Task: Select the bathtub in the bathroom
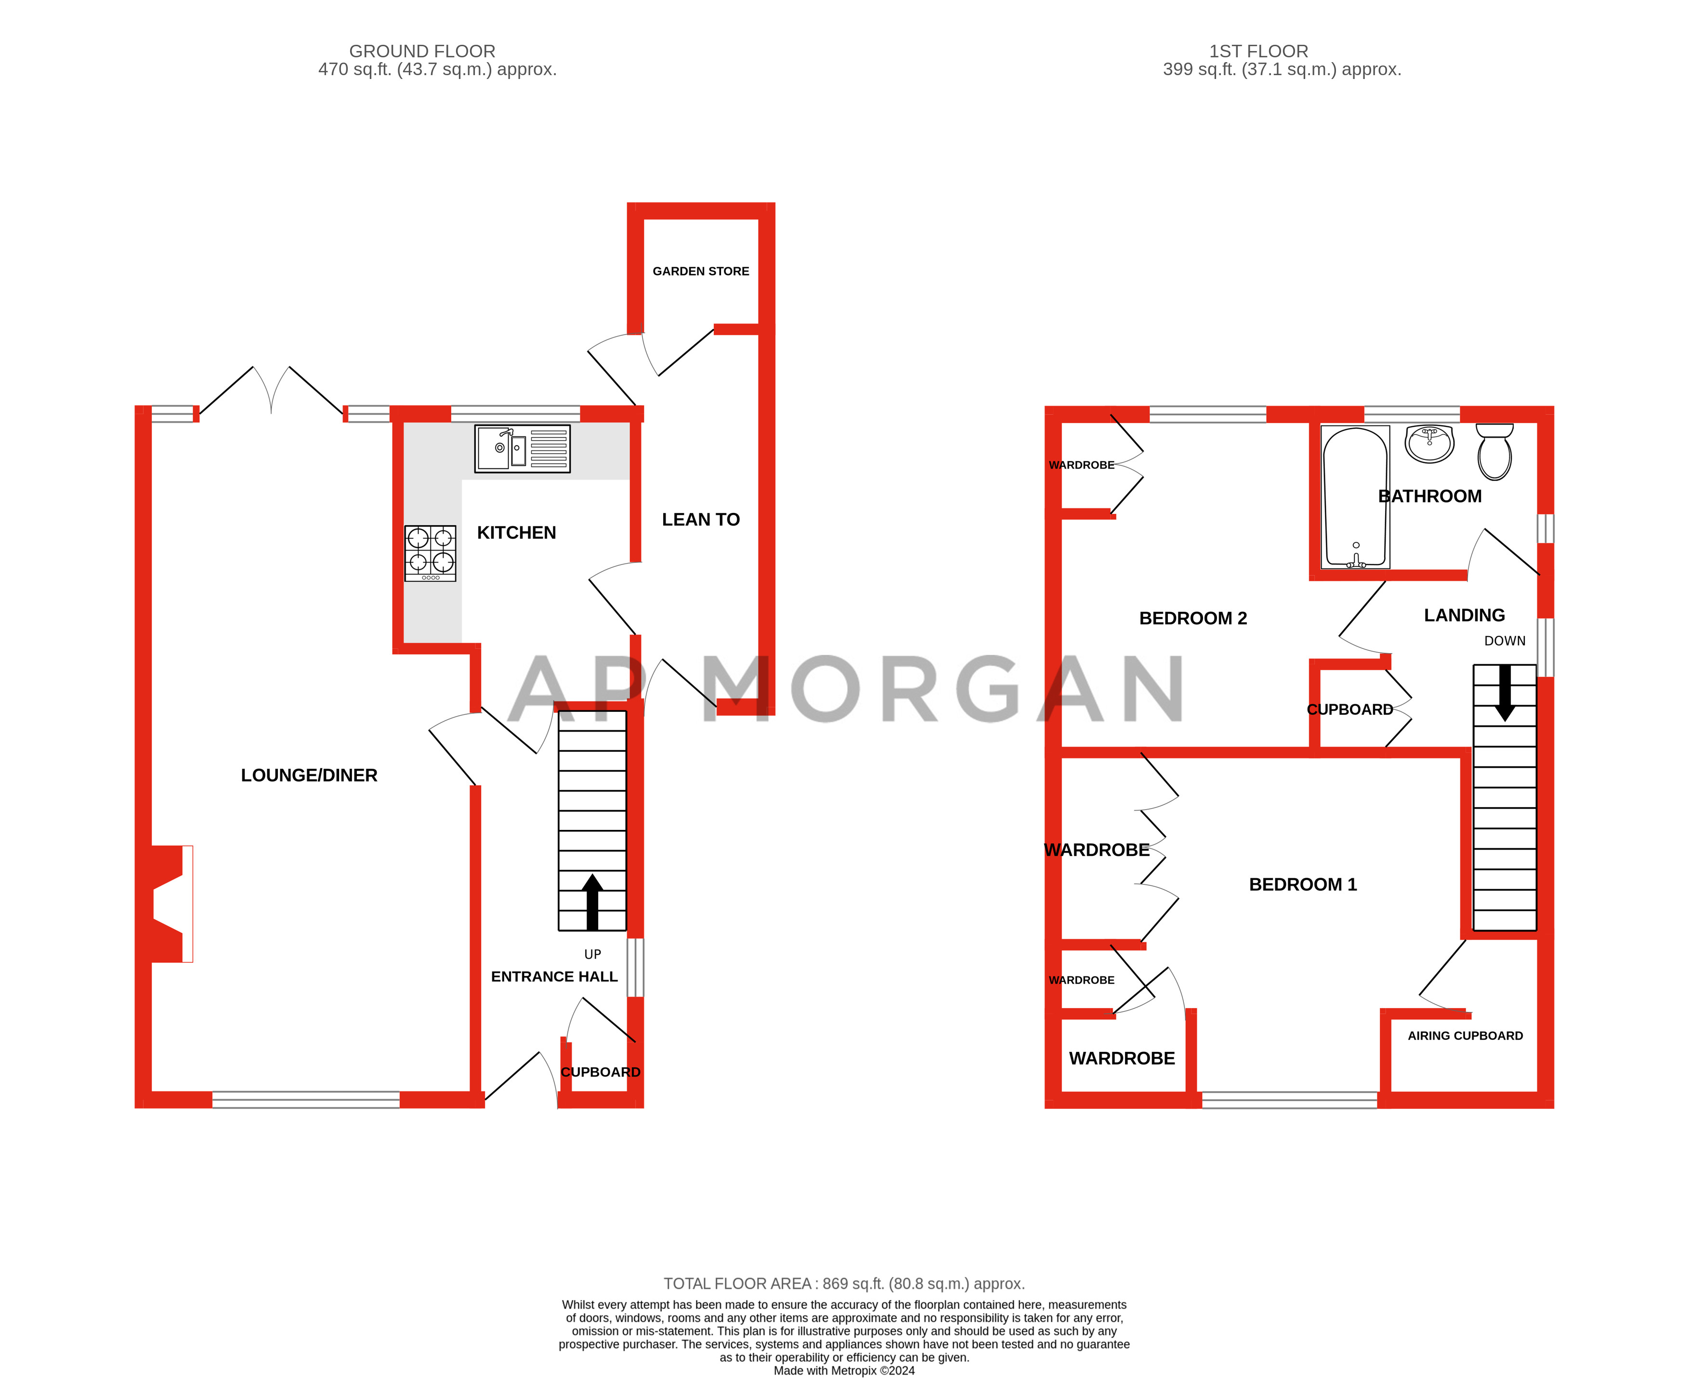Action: point(1355,497)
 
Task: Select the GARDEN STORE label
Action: point(700,272)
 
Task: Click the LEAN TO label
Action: point(700,520)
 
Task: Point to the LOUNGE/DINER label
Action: point(309,775)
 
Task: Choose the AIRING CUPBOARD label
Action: point(1465,1036)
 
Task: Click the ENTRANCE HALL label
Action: point(554,977)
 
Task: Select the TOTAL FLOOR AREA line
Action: point(844,1284)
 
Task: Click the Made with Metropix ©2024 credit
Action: point(844,1371)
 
